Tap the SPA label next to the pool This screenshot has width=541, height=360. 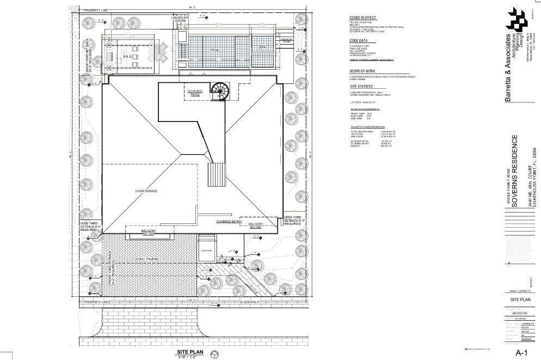click(x=262, y=48)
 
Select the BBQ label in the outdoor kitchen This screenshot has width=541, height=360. click(x=127, y=56)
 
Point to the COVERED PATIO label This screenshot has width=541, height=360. click(x=195, y=93)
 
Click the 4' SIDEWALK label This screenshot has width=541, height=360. click(x=249, y=301)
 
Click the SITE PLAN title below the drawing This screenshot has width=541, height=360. click(x=189, y=352)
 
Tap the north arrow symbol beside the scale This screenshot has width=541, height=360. click(x=215, y=354)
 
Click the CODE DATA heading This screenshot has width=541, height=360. click(x=359, y=41)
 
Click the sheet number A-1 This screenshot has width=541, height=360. click(x=522, y=352)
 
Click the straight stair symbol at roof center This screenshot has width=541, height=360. click(x=216, y=174)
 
